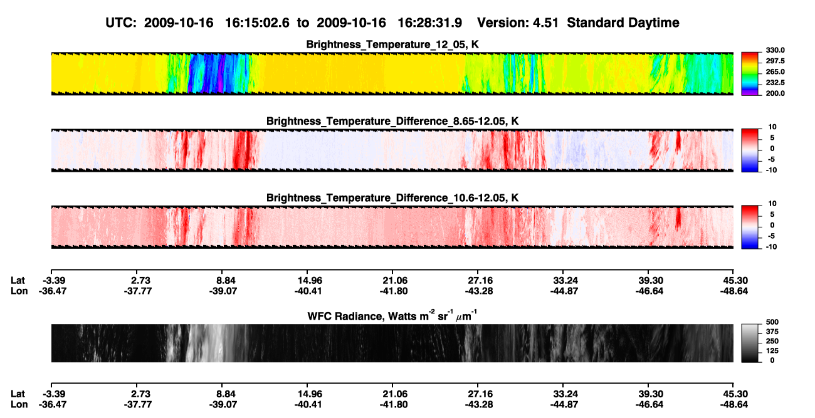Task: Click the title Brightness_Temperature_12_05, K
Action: coord(392,44)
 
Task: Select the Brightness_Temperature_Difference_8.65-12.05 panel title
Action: coord(392,121)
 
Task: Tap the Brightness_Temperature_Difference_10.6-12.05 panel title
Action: coord(392,198)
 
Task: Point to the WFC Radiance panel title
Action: coord(392,316)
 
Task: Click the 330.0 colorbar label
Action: coord(775,50)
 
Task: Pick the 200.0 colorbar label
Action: coord(775,93)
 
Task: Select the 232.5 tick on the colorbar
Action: coord(775,83)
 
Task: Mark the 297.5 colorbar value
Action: coord(775,61)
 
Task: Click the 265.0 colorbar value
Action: coord(775,71)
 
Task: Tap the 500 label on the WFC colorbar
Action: coord(772,322)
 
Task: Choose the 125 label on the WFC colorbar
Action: coord(772,351)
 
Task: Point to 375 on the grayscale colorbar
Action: coord(772,332)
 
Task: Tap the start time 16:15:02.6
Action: coord(257,23)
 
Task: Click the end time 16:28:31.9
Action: coord(429,23)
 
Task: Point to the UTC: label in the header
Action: coord(121,23)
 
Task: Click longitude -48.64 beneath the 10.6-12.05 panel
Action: coord(734,291)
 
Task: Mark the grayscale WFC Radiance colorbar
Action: coord(750,343)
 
